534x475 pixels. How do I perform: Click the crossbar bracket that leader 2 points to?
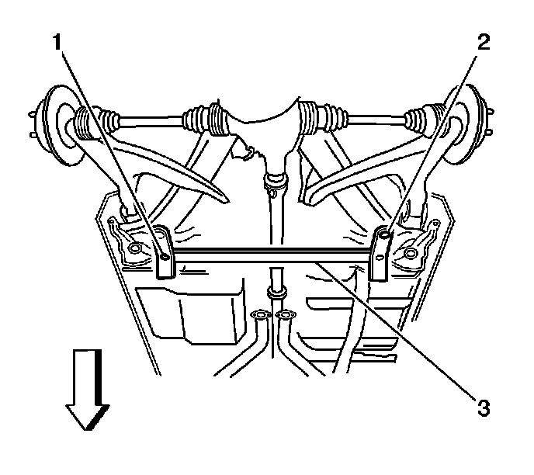[381, 252]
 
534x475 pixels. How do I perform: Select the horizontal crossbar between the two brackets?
[272, 254]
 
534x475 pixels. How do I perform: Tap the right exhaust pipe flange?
[287, 315]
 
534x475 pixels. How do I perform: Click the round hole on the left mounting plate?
[137, 248]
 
